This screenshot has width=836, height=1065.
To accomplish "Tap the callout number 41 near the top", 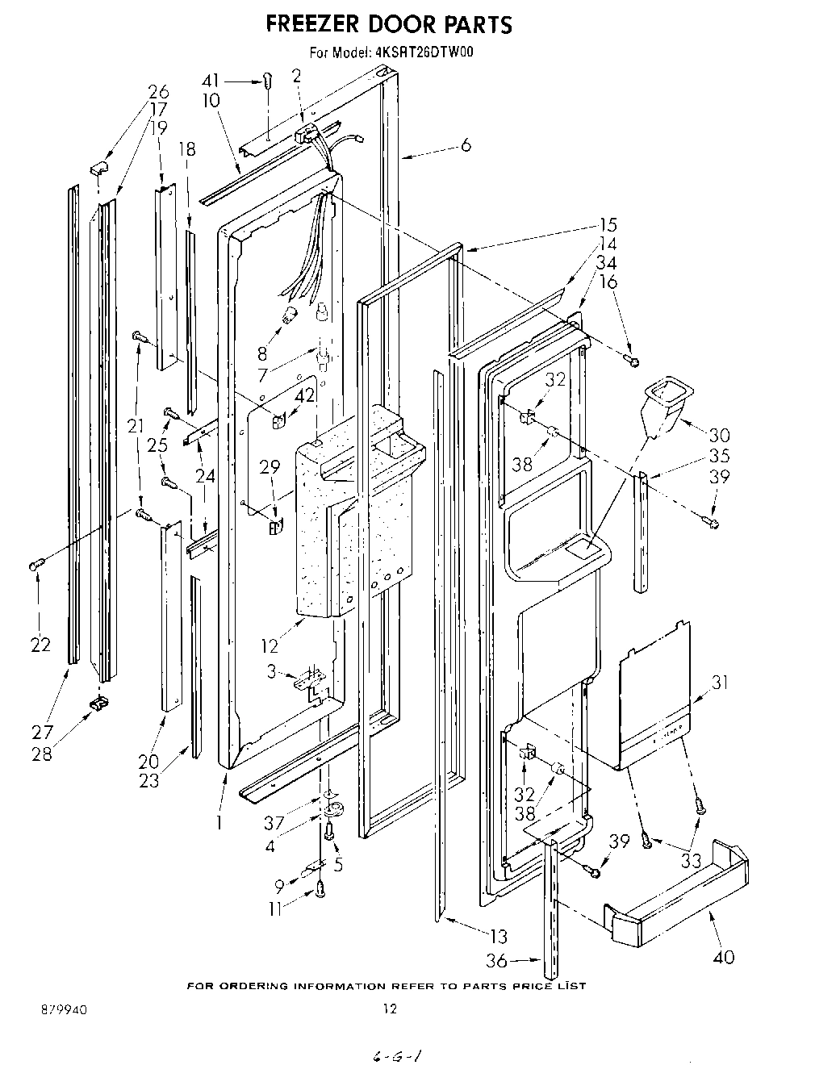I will point(210,81).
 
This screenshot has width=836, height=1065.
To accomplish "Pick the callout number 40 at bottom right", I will point(724,957).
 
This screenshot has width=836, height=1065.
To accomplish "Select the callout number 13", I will point(499,936).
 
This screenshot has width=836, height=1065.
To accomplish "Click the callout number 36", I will point(498,961).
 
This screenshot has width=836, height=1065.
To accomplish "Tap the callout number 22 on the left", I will point(40,645).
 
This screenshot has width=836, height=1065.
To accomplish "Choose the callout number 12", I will point(270,645).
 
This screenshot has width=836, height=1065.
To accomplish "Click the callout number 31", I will point(720,683).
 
